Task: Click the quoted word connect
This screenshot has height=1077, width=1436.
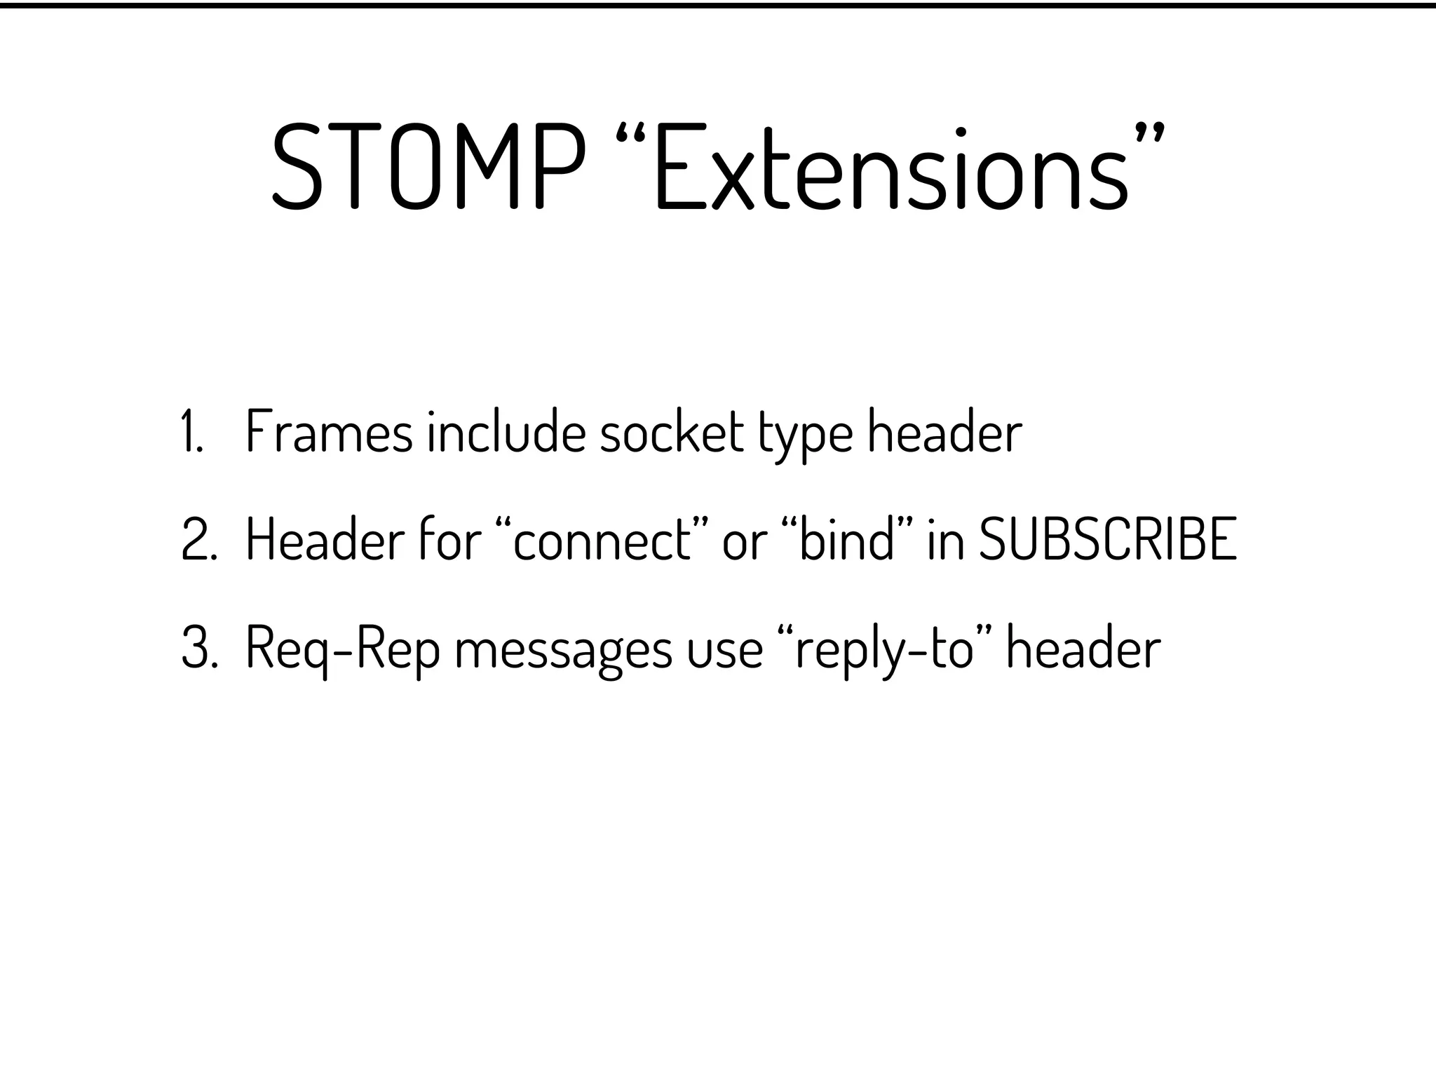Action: pyautogui.click(x=602, y=541)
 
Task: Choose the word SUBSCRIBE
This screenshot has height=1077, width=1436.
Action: pyautogui.click(x=1108, y=541)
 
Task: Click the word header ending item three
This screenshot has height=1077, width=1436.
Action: pyautogui.click(x=1083, y=649)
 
